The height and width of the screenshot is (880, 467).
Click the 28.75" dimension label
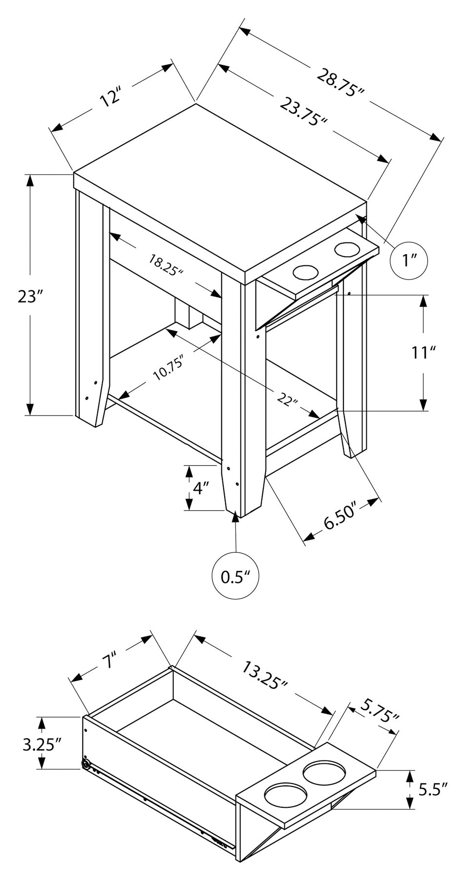pyautogui.click(x=341, y=83)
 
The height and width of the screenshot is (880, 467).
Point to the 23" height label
pyautogui.click(x=30, y=296)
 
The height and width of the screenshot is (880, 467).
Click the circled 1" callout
pyautogui.click(x=409, y=261)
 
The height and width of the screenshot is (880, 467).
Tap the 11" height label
pyautogui.click(x=423, y=352)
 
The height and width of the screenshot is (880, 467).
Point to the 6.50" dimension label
pyautogui.click(x=341, y=521)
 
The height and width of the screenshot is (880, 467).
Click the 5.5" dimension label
pyautogui.click(x=432, y=789)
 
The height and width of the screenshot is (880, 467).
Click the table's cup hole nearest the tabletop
pyautogui.click(x=304, y=273)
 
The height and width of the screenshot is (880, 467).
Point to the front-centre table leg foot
pyautogui.click(x=241, y=510)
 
